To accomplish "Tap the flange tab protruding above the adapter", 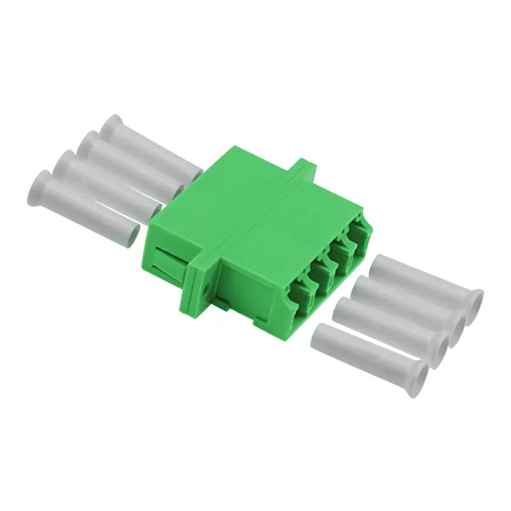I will pos(305,166).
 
